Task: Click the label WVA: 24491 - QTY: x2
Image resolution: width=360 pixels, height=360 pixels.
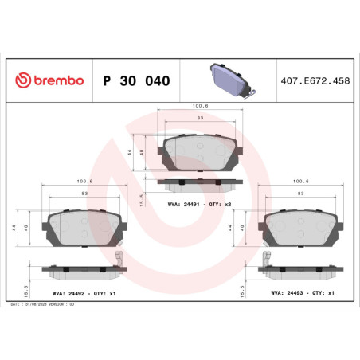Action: [199, 205]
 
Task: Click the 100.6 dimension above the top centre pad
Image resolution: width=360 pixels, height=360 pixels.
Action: [200, 104]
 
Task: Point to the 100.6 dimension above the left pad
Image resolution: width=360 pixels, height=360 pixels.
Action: [84, 181]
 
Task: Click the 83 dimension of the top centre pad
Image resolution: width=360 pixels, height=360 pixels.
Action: [200, 118]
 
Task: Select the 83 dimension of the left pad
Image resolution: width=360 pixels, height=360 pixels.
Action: [84, 194]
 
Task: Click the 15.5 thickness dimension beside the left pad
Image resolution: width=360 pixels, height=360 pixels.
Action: [27, 284]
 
